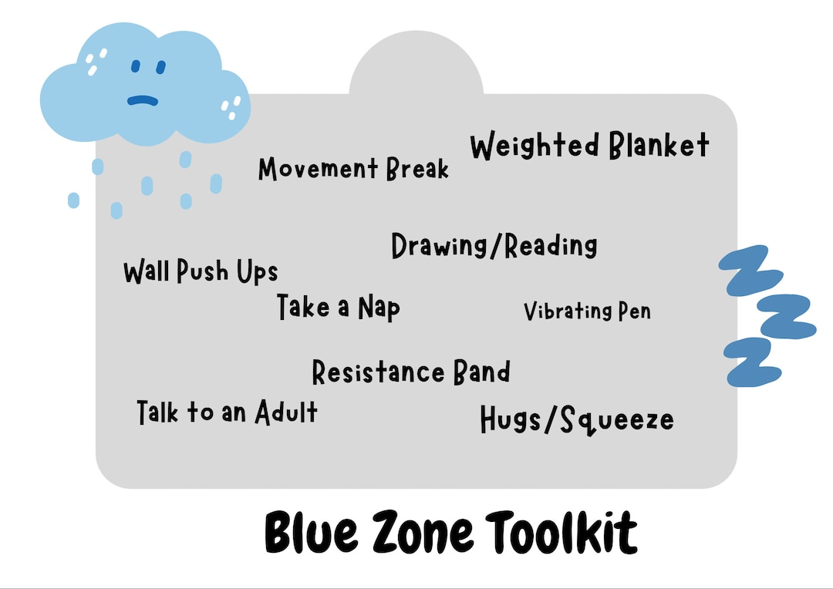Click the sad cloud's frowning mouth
143,99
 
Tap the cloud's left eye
134,69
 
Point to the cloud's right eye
160,67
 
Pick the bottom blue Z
749,362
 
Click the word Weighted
535,146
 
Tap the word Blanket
658,145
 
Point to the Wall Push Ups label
201,271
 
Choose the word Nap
378,308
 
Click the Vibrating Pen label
587,311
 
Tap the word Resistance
379,372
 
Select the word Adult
286,412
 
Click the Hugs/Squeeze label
576,420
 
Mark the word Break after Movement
416,169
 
